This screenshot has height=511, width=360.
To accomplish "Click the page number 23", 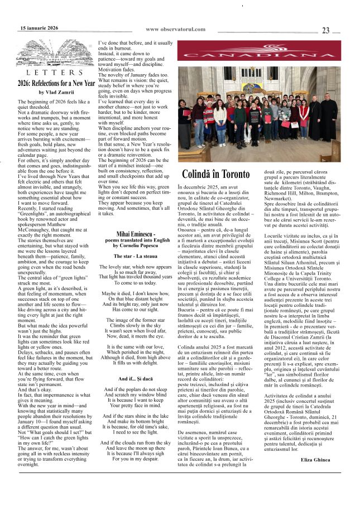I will (x=325, y=31).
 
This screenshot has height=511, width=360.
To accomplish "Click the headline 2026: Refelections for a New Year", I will (x=56, y=83).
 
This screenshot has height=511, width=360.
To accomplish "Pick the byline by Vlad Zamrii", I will (x=56, y=92).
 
